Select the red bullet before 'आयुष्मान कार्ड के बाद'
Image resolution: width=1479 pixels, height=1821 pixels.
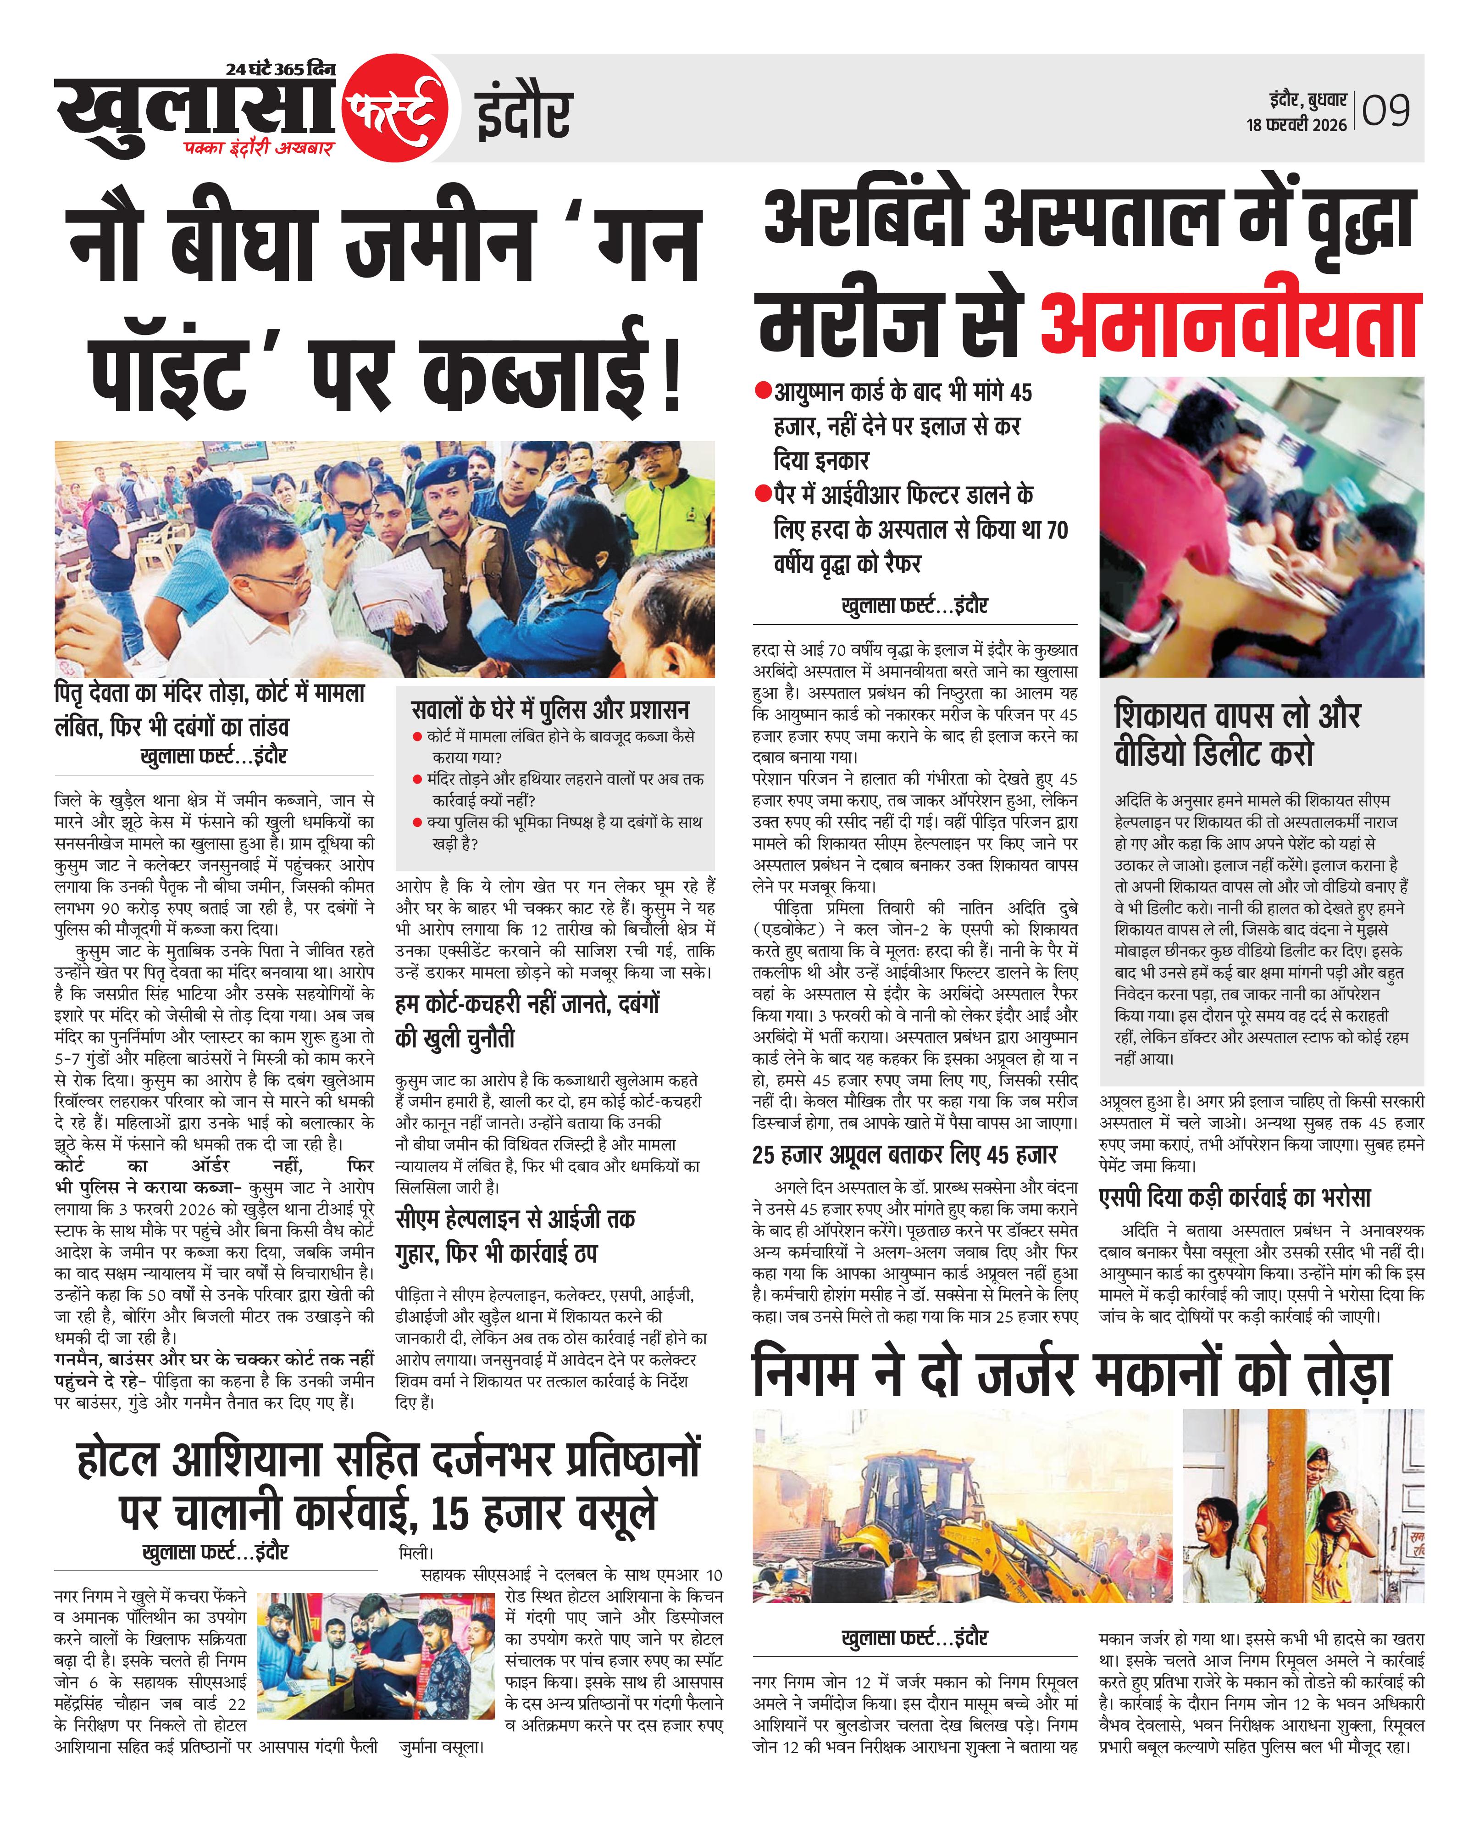(763, 392)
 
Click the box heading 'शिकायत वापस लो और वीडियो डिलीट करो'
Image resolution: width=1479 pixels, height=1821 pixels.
(1237, 734)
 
